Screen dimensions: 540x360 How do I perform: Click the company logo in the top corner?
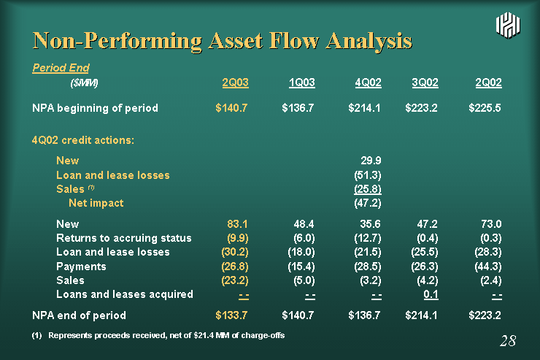click(508, 25)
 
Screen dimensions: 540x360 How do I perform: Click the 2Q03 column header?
click(235, 83)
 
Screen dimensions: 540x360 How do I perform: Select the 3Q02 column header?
click(425, 83)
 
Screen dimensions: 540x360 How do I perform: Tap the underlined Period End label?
click(61, 68)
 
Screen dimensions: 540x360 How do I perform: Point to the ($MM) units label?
click(84, 83)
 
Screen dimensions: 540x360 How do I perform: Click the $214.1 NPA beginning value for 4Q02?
click(364, 108)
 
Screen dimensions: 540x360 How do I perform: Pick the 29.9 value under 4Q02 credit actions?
click(371, 161)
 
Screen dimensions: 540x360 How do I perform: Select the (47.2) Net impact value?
click(368, 203)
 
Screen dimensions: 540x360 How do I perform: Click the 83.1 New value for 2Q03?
click(237, 224)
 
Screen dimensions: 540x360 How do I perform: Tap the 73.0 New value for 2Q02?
click(491, 224)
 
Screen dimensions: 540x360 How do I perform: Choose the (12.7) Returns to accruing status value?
click(368, 238)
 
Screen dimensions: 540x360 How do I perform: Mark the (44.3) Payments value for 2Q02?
click(488, 267)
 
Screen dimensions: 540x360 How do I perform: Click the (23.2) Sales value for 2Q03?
click(235, 280)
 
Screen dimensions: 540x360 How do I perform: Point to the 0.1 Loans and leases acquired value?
click(431, 294)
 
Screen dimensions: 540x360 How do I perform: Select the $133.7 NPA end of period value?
click(231, 315)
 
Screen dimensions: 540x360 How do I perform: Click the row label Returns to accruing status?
click(124, 238)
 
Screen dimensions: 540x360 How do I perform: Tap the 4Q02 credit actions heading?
click(83, 140)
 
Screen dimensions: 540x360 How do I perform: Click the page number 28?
click(508, 341)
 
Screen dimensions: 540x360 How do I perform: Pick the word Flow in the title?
click(294, 41)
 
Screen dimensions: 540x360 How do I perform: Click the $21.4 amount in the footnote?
click(203, 336)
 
